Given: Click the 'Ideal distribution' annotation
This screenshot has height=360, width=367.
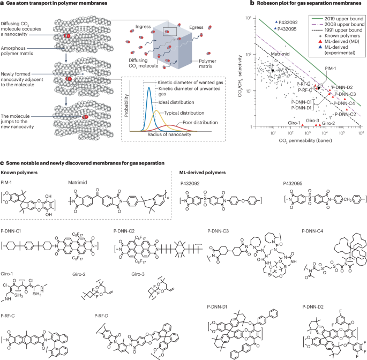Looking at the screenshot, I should (181, 105).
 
